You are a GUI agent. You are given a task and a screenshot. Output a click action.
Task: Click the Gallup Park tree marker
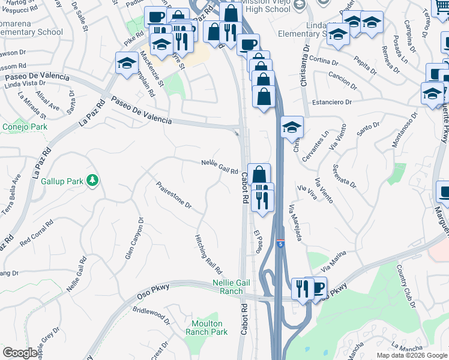[x=92, y=180]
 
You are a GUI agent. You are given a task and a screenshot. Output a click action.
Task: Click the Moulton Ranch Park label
[x=206, y=328]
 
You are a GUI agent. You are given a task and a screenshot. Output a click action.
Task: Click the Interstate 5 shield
[x=280, y=244]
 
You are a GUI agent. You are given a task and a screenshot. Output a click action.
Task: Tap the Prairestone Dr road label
[x=173, y=196]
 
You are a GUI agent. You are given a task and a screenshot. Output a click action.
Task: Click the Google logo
[x=21, y=353]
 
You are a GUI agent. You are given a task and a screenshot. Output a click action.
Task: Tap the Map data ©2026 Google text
[x=412, y=355]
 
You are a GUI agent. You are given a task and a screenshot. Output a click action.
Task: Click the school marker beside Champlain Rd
[x=127, y=64]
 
